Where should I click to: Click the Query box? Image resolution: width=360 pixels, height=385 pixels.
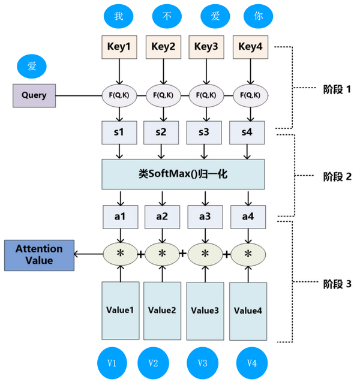[x=34, y=95]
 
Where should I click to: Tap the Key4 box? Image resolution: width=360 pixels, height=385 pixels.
[x=250, y=47]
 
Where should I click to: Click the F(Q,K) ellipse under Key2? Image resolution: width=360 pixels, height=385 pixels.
[x=163, y=95]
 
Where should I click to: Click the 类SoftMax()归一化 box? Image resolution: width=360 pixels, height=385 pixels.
[x=183, y=174]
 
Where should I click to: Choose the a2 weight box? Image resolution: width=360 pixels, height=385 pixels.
[x=162, y=216]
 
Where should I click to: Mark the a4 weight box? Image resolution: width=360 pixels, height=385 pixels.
[x=248, y=216]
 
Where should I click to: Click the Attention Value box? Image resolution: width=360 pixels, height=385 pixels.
[x=39, y=254]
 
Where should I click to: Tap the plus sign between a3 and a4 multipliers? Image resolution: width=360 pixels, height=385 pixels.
[x=227, y=254]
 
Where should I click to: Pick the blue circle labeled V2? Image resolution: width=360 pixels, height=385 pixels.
[x=152, y=363]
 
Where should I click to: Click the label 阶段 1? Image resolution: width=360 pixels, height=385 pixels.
[x=332, y=89]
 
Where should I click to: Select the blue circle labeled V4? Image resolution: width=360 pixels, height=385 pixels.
[x=251, y=363]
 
